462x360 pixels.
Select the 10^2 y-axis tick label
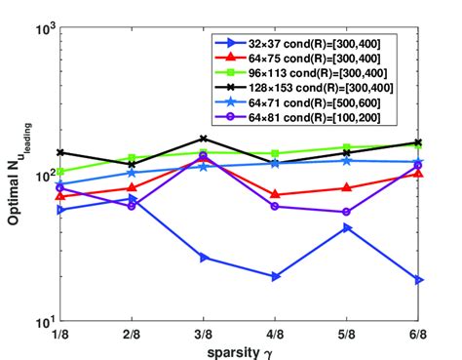tap(43, 177)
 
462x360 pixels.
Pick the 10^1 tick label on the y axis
tap(43, 322)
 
